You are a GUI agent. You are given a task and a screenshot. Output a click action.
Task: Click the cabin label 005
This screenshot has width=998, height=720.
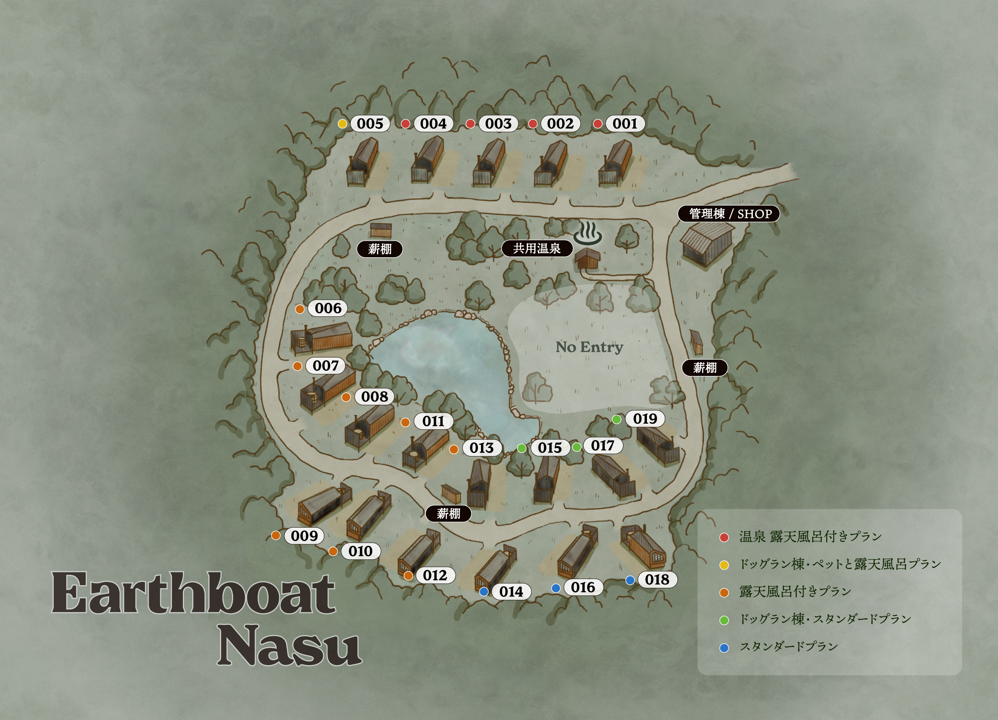[369, 124]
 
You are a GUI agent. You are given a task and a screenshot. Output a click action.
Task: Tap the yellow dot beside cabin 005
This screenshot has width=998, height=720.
[342, 124]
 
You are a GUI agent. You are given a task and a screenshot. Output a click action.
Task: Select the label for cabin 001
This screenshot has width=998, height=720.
[625, 124]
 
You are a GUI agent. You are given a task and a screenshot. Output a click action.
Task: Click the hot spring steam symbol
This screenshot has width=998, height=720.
[588, 233]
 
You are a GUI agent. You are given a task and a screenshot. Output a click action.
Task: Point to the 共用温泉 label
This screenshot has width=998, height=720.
[537, 249]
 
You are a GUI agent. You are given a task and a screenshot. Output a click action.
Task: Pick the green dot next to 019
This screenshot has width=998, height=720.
[617, 420]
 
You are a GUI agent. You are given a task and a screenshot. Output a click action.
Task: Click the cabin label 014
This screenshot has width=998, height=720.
[511, 592]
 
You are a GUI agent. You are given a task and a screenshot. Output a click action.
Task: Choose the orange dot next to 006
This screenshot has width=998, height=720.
[300, 309]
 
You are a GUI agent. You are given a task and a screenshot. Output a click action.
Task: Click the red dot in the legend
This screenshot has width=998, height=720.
[724, 537]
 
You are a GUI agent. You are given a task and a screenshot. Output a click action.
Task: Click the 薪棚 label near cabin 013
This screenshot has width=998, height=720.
[448, 513]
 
